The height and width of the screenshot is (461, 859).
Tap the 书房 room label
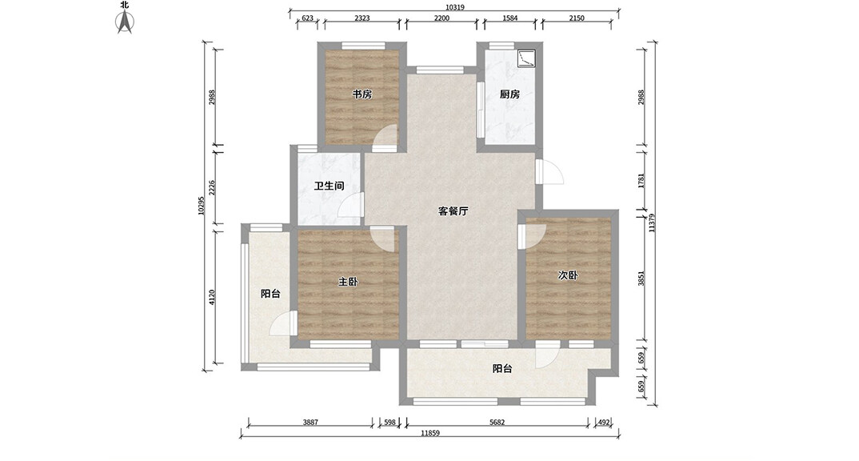(x=362, y=94)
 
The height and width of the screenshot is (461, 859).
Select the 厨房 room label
(x=509, y=94)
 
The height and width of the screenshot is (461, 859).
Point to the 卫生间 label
(x=329, y=186)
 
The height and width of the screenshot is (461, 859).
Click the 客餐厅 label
(x=453, y=211)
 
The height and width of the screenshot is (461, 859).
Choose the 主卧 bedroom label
(x=348, y=282)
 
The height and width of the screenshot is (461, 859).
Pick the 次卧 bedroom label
(x=568, y=275)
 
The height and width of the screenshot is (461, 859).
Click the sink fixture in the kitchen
(x=526, y=58)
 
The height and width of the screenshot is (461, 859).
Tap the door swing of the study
(x=385, y=138)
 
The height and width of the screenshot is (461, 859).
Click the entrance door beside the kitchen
(x=549, y=171)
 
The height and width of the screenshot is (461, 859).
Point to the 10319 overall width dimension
(x=455, y=7)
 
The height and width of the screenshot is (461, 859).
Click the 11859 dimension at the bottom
(x=430, y=433)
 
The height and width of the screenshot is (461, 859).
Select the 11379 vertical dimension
(x=651, y=223)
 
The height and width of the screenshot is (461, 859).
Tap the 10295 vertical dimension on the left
(x=201, y=206)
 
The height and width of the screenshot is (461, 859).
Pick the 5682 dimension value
(x=497, y=422)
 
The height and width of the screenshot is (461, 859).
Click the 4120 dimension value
(x=212, y=298)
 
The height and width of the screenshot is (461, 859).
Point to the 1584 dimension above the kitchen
(x=509, y=18)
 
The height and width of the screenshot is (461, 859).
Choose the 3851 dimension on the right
(x=641, y=279)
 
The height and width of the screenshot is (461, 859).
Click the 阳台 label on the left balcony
(x=270, y=294)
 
